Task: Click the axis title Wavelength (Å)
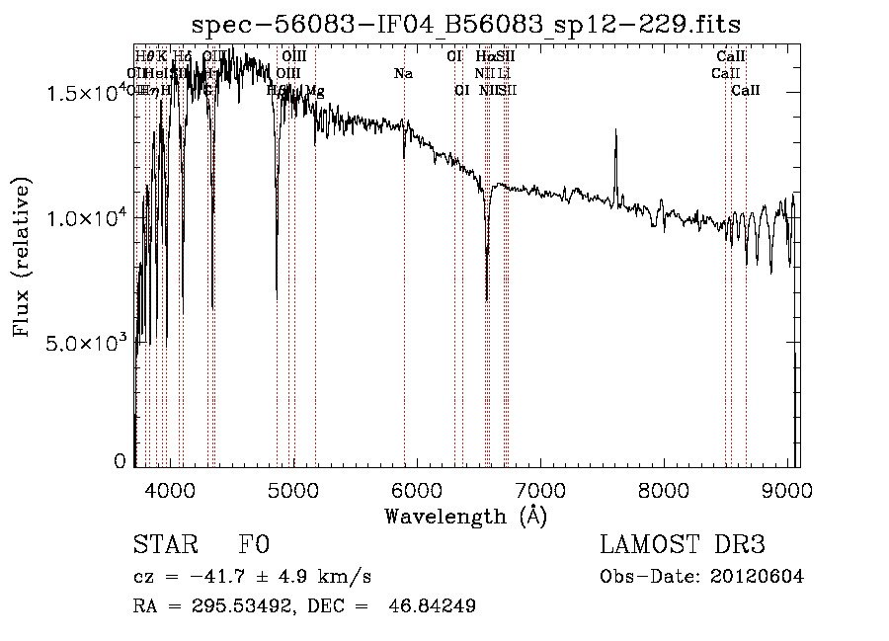[465, 516]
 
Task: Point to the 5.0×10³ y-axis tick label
[87, 343]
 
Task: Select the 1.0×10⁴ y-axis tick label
[87, 218]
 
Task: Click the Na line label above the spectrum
[403, 73]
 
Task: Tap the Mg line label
[314, 91]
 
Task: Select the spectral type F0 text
[254, 545]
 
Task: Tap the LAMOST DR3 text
[682, 545]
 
